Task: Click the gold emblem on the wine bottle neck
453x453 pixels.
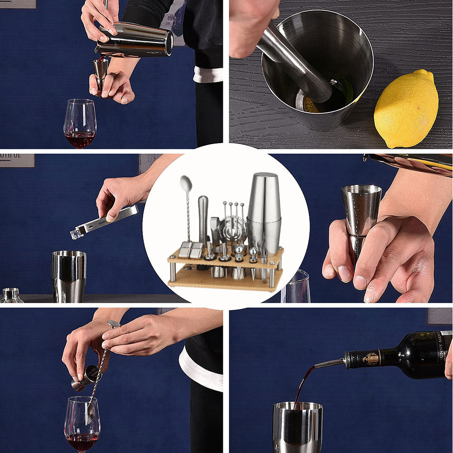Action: [371, 358]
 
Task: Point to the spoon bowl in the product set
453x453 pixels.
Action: [186, 183]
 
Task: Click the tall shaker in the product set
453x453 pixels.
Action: [264, 213]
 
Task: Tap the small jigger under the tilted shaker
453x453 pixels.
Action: [101, 70]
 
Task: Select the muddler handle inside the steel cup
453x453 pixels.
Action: [294, 63]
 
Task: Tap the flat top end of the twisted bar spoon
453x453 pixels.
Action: [114, 324]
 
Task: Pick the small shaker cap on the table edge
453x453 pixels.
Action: [11, 296]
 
